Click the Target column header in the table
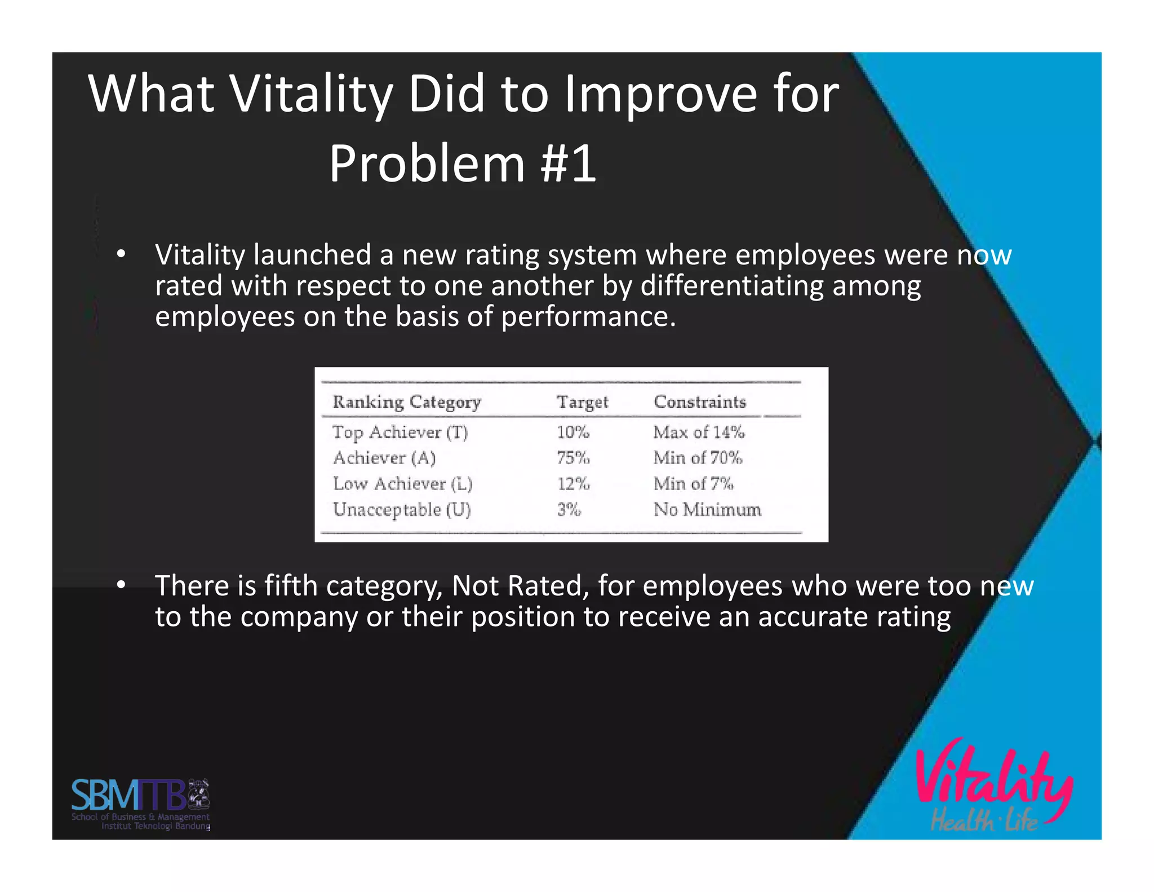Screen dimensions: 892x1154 pos(582,402)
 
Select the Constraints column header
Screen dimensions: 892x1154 pos(699,402)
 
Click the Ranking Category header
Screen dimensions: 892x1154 pos(406,402)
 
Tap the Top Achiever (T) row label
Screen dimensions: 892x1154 pos(400,432)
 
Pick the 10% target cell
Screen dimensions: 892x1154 pos(572,432)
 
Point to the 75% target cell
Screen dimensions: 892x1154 pos(573,458)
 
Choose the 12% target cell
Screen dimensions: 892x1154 pos(573,484)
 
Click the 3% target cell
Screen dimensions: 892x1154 pos(569,510)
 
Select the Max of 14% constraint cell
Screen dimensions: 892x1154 pos(699,432)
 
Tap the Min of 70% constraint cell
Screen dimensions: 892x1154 pos(698,458)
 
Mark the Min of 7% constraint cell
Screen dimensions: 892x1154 pos(693,484)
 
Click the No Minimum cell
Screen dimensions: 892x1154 pos(707,510)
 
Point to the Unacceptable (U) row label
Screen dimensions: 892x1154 pos(401,510)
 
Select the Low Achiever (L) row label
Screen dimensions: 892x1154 pos(402,484)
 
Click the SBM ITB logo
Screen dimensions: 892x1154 pos(140,803)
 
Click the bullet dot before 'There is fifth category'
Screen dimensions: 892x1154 pos(121,586)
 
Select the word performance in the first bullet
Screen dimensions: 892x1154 pos(588,317)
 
